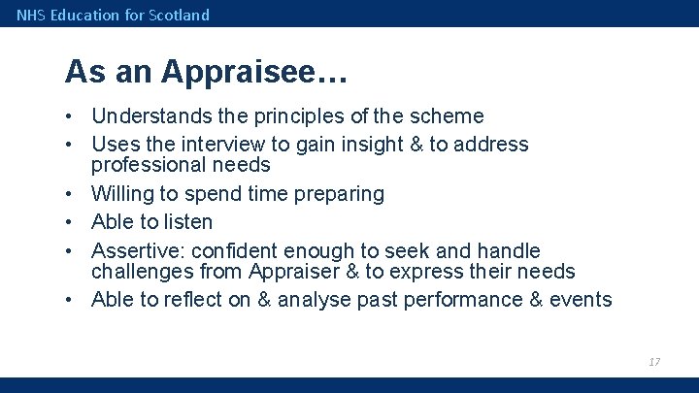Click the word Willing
tap(123, 194)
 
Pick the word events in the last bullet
tap(582, 299)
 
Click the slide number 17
tap(654, 361)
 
